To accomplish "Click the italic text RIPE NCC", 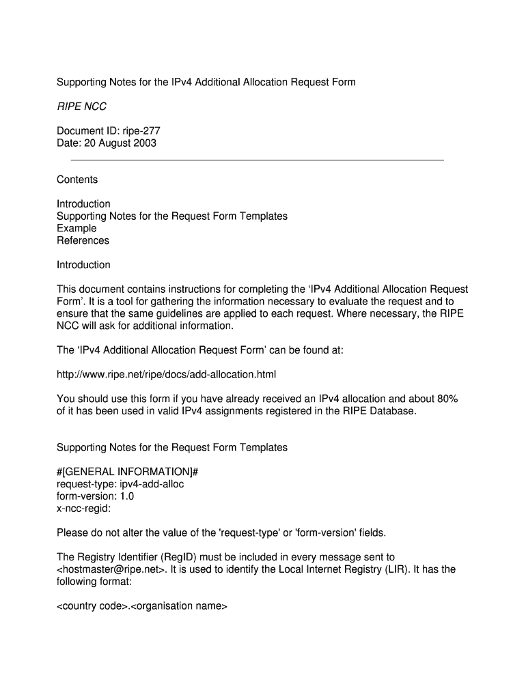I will click(x=81, y=106).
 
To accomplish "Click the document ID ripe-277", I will click(x=141, y=131).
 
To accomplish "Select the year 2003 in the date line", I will click(x=145, y=143).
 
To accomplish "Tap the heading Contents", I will click(x=77, y=180).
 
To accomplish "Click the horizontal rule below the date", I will click(x=258, y=160).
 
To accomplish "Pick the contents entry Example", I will click(x=77, y=228).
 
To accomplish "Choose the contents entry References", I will click(x=83, y=240).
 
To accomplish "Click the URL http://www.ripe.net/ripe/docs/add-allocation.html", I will click(x=167, y=375).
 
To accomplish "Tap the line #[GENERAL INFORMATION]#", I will click(x=127, y=472).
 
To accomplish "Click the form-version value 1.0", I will click(x=126, y=496).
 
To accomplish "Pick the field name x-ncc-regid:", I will click(x=84, y=509).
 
